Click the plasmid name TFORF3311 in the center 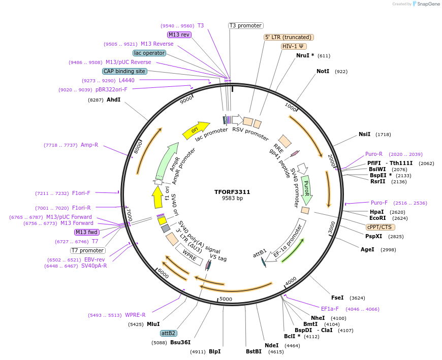click(232, 192)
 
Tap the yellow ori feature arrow click(196, 129)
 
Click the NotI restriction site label click(323, 72)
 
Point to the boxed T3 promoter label click(245, 25)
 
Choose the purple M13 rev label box click(179, 35)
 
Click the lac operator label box click(149, 53)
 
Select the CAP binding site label click(124, 71)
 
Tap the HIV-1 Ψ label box click(293, 46)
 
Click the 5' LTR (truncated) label click(289, 37)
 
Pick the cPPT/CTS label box click(379, 227)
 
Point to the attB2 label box click(168, 333)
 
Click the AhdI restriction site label click(113, 100)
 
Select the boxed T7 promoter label click(88, 250)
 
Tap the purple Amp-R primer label click(89, 145)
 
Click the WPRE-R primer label click(135, 315)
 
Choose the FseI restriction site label click(337, 298)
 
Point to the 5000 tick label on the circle click(226, 299)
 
